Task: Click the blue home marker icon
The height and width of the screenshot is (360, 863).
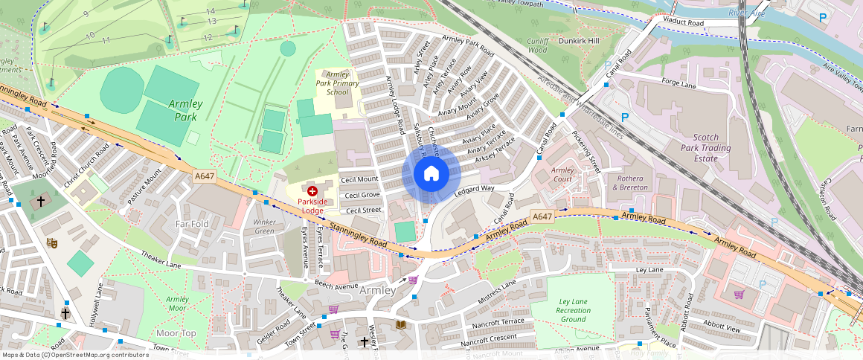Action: pos(431,174)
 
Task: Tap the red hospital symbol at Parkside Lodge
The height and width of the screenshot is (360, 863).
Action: pos(312,191)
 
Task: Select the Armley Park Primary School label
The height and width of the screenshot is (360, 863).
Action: pos(337,83)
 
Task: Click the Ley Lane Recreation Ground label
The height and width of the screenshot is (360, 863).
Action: pos(574,310)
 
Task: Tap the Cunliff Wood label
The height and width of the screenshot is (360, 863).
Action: pos(538,45)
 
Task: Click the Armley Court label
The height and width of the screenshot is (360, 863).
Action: pos(562,175)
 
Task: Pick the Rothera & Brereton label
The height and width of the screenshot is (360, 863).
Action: pos(630,182)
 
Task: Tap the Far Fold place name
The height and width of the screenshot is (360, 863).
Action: pos(192,223)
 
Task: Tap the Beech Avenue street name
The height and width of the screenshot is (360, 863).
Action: pos(336,286)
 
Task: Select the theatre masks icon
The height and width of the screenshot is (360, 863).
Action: pos(52,242)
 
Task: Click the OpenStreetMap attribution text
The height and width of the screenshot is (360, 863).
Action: pos(74,355)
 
